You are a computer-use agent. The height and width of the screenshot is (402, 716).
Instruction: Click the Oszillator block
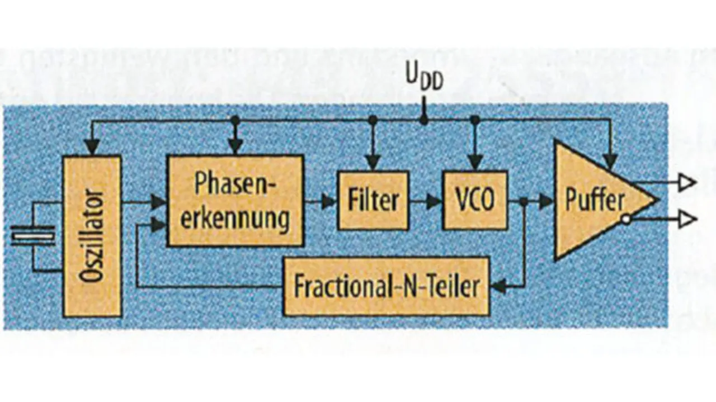[x=92, y=236]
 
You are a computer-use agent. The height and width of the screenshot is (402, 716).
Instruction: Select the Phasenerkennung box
[x=235, y=201]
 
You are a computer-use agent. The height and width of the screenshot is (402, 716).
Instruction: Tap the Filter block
[x=373, y=200]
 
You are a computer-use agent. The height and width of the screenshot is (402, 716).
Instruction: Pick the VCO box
[x=475, y=200]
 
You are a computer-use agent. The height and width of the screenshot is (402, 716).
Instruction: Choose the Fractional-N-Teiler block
[x=387, y=287]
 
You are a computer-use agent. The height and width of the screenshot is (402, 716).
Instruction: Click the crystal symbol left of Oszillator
[x=34, y=238]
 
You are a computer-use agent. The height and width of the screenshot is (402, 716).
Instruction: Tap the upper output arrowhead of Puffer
[x=687, y=182]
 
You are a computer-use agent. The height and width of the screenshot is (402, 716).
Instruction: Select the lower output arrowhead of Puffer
[x=687, y=220]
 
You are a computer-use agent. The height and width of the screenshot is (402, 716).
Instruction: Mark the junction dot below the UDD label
[x=424, y=120]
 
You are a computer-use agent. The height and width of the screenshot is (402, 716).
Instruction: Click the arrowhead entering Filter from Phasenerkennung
[x=330, y=201]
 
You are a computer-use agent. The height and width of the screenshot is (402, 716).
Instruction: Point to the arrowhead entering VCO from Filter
[x=435, y=201]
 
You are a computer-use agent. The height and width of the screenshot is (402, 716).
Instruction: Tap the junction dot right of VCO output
[x=524, y=201]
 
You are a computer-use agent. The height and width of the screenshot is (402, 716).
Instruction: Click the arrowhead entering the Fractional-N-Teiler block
[x=497, y=287]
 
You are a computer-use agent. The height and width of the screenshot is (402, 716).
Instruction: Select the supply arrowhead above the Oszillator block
[x=92, y=148]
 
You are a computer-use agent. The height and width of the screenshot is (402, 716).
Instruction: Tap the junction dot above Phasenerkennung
[x=235, y=120]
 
